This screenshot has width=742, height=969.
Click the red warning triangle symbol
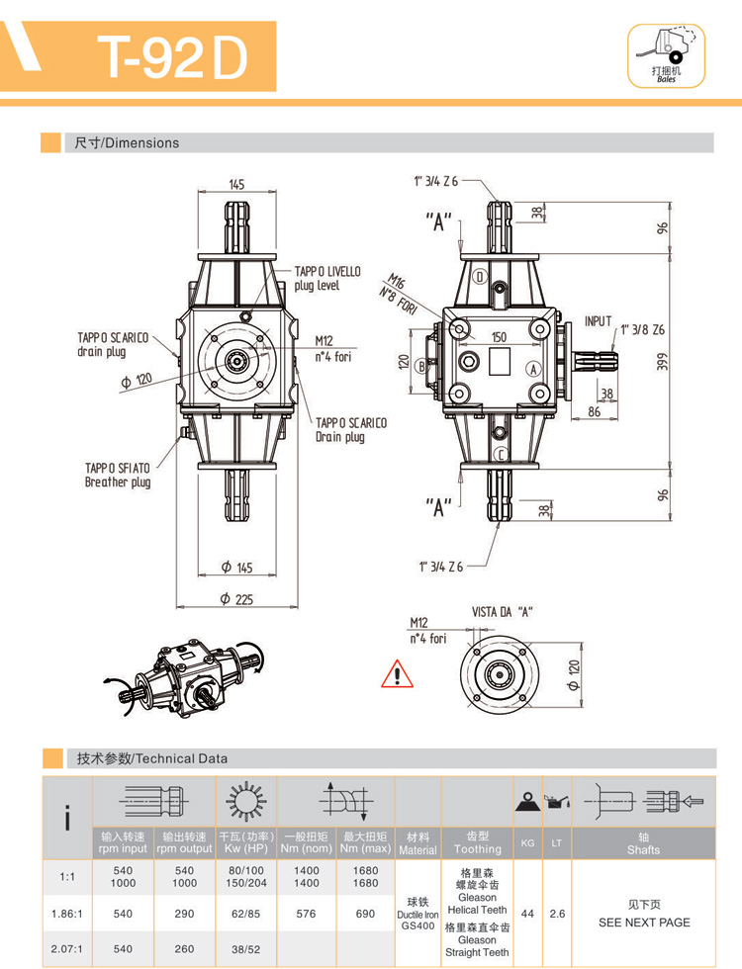click(x=396, y=675)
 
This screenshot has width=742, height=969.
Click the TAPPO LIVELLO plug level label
click(x=327, y=278)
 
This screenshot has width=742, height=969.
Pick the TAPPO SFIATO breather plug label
click(x=118, y=475)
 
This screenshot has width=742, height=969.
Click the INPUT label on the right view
click(x=599, y=321)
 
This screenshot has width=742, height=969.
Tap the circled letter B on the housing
click(x=421, y=365)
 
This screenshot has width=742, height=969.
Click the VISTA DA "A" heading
click(x=503, y=612)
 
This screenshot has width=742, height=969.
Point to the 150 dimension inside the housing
click(x=499, y=337)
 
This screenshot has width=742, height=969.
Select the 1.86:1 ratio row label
click(x=66, y=914)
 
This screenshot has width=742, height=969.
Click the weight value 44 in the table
click(x=527, y=914)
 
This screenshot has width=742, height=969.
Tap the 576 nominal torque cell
click(x=307, y=914)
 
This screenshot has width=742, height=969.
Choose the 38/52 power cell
click(x=245, y=949)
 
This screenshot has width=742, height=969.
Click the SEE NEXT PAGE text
click(x=644, y=922)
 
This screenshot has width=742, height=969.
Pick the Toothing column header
click(x=478, y=848)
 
